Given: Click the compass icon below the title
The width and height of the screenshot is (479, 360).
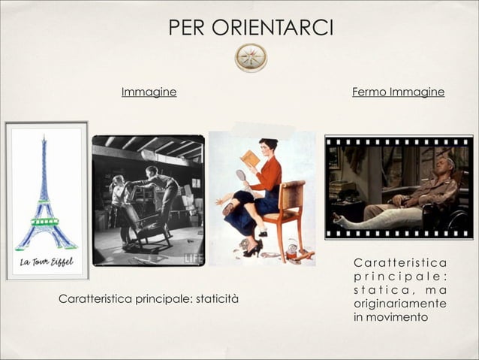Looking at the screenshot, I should [x=251, y=57].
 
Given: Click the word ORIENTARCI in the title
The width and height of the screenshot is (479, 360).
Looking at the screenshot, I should [x=283, y=28].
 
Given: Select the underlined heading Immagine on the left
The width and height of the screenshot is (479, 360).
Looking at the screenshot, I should [x=149, y=92].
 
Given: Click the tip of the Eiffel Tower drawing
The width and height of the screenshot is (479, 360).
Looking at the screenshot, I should [x=44, y=138].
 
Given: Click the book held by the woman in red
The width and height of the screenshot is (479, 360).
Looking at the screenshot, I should [x=251, y=159].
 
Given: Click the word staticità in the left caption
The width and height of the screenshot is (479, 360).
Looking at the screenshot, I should [x=216, y=300].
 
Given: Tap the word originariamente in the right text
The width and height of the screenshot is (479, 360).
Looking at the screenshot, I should [x=398, y=304].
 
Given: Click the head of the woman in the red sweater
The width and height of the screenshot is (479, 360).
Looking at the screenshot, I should [x=268, y=144].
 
